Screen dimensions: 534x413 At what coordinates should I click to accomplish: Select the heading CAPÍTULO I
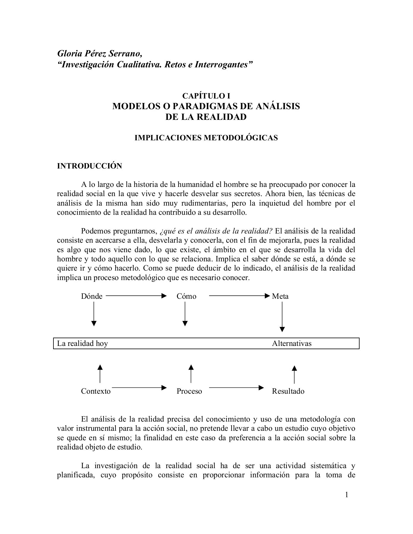click(206, 96)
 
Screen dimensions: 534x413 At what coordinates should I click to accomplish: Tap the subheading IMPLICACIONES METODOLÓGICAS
click(206, 138)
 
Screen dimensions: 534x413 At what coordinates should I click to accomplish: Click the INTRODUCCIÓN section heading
click(89, 166)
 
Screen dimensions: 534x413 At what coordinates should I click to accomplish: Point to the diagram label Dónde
click(92, 296)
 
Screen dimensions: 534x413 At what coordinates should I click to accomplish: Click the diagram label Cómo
click(186, 296)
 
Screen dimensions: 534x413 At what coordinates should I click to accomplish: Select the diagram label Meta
click(280, 296)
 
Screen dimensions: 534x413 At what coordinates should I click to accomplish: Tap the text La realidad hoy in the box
click(83, 344)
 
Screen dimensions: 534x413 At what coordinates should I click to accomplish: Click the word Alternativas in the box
click(292, 344)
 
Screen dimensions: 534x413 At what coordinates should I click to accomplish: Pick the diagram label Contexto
click(96, 391)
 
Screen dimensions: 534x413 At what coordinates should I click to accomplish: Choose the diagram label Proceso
click(189, 391)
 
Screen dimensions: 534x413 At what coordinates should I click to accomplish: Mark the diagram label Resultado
click(288, 391)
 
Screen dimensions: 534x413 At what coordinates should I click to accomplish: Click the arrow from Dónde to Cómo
click(136, 295)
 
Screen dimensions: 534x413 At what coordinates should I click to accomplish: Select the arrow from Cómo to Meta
click(239, 295)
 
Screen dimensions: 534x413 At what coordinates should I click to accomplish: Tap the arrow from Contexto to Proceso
click(139, 387)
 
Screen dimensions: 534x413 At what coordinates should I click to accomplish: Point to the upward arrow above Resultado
click(294, 374)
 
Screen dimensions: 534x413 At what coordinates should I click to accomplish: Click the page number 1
click(346, 495)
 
